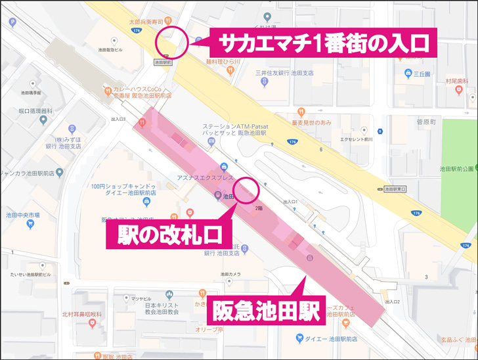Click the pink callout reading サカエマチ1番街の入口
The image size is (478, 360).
pyautogui.click(x=323, y=43)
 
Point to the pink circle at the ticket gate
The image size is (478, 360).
pyautogui.click(x=247, y=190)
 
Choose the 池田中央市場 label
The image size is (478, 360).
pyautogui.click(x=23, y=215)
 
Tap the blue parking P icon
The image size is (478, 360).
pyautogui.click(x=12, y=22)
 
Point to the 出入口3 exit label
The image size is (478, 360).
pyautogui.click(x=118, y=119)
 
